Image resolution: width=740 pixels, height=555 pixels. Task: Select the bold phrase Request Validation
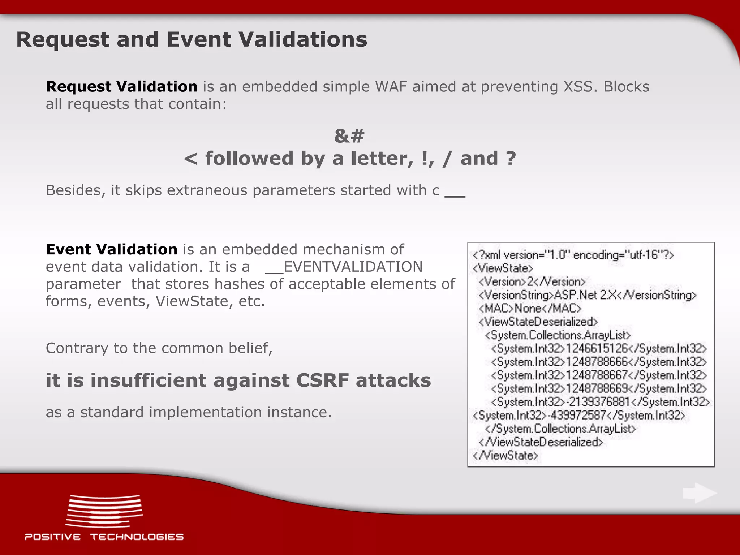pyautogui.click(x=121, y=87)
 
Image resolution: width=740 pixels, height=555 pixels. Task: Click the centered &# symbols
pyautogui.click(x=349, y=136)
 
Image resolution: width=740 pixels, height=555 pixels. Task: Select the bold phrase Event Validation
pyautogui.click(x=111, y=249)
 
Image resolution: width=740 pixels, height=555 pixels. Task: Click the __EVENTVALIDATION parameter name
pyautogui.click(x=344, y=267)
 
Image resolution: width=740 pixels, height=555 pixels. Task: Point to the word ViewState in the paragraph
pyautogui.click(x=194, y=301)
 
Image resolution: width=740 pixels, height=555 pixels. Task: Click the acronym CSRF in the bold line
pyautogui.click(x=323, y=380)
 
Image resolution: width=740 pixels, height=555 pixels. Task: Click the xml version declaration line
pyautogui.click(x=573, y=255)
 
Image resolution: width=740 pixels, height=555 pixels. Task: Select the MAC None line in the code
pyautogui.click(x=530, y=309)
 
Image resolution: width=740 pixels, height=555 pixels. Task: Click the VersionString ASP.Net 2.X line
pyautogui.click(x=587, y=295)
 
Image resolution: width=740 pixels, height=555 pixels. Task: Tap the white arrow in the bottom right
pyautogui.click(x=700, y=493)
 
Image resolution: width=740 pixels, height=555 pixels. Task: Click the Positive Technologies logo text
pyautogui.click(x=104, y=537)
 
